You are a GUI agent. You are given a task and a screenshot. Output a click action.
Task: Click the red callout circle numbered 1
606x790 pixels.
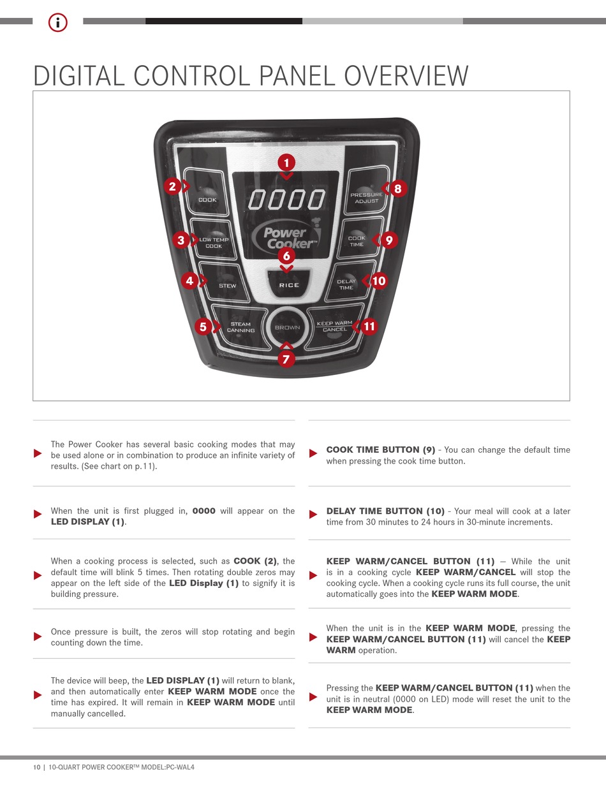click(286, 162)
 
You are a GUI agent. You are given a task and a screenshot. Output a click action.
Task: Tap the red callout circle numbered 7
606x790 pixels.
click(286, 360)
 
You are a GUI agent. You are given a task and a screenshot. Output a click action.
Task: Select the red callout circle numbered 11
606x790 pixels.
click(369, 326)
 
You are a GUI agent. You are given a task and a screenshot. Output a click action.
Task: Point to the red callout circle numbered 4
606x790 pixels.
click(189, 280)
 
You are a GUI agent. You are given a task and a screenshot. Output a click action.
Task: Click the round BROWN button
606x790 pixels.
click(287, 328)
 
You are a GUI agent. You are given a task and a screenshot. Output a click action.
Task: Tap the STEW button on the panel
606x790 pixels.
click(227, 285)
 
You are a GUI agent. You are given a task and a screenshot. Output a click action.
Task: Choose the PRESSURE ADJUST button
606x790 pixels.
click(366, 197)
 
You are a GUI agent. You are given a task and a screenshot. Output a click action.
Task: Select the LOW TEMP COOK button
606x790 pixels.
click(214, 243)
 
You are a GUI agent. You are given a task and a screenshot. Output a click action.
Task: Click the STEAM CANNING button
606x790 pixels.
click(240, 327)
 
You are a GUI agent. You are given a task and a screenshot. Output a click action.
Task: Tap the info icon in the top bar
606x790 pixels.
click(58, 23)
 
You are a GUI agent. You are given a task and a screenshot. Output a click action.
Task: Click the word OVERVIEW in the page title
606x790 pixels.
click(406, 76)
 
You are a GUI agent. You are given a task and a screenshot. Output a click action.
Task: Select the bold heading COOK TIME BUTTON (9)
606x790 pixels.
click(380, 450)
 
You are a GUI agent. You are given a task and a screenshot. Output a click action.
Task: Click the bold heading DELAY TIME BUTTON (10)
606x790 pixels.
click(385, 511)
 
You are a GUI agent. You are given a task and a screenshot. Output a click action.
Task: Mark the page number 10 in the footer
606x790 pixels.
click(37, 767)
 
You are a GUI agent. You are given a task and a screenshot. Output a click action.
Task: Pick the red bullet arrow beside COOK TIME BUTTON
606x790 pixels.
click(313, 453)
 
